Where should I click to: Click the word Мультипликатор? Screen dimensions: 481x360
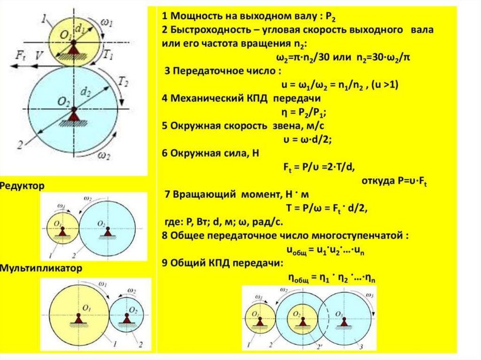coord(41,269)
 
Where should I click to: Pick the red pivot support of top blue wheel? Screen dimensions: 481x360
coord(73,114)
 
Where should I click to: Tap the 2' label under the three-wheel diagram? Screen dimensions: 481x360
coord(306,346)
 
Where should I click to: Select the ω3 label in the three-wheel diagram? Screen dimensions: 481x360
coord(369,296)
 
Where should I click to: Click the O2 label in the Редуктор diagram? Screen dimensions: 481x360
coord(101,223)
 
